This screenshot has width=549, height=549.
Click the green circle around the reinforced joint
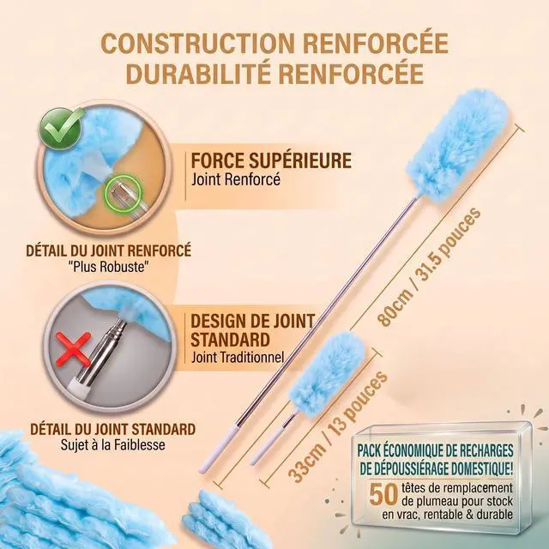(124, 193)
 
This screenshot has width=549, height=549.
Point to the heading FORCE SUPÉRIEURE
(271, 160)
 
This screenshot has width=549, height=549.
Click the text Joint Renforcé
(236, 179)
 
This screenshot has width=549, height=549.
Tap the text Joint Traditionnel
(238, 358)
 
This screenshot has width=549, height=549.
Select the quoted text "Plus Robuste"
(109, 267)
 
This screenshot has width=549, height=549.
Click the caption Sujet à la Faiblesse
(112, 444)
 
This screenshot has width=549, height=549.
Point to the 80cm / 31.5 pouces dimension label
(429, 267)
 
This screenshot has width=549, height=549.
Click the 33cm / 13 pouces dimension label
(337, 427)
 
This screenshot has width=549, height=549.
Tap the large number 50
(383, 494)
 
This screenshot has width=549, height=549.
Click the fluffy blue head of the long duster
(459, 146)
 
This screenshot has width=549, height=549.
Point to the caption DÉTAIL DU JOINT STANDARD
(112, 429)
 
